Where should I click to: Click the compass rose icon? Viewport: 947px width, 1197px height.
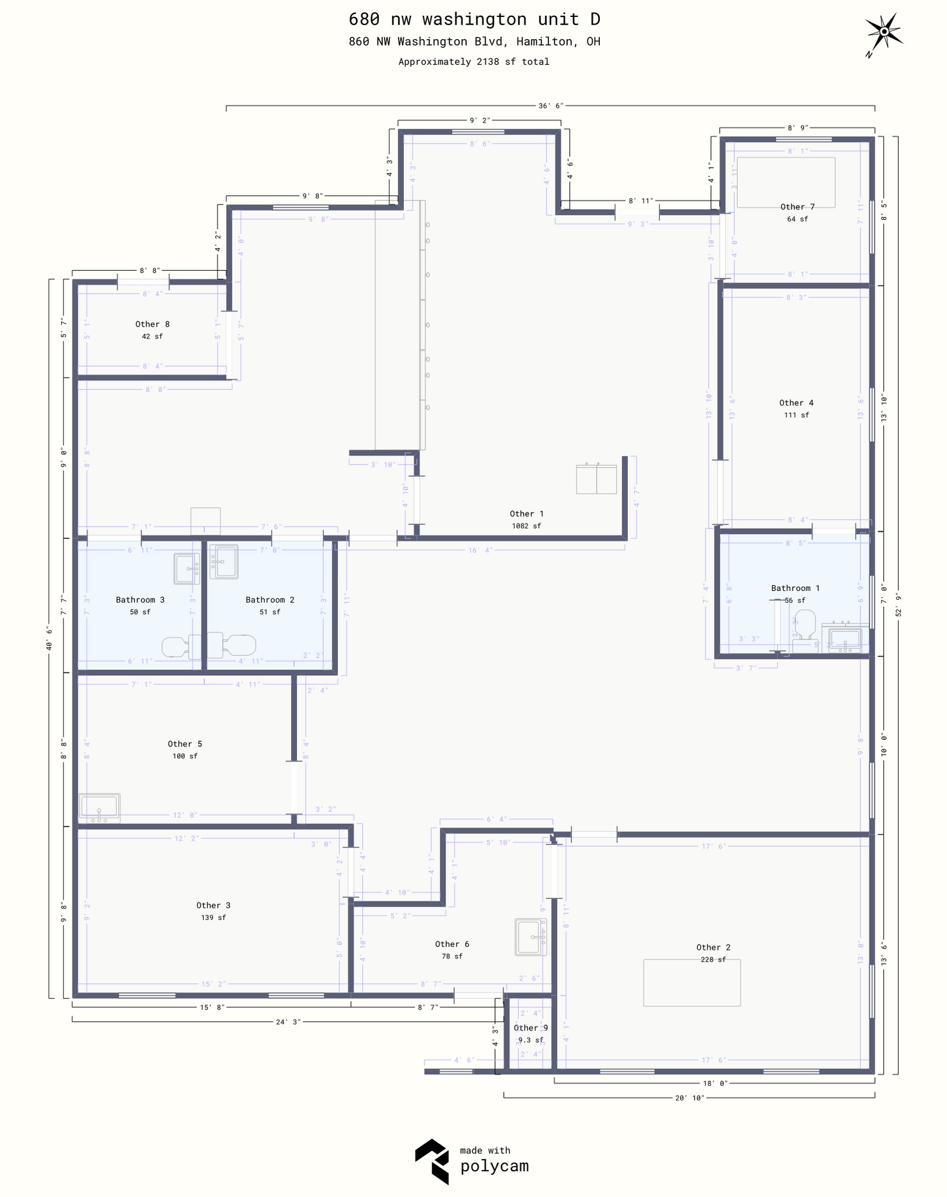click(884, 33)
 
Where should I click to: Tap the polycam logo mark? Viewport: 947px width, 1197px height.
click(432, 1161)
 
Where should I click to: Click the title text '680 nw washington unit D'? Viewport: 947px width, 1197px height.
click(474, 19)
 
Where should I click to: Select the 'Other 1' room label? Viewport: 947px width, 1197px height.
click(526, 514)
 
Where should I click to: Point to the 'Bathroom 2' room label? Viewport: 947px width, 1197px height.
click(269, 600)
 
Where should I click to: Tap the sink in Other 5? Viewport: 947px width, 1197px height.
click(100, 808)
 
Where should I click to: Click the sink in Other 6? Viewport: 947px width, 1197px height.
click(530, 937)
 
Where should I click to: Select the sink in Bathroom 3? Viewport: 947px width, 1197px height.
click(186, 569)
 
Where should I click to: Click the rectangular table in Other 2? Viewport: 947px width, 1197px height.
click(692, 983)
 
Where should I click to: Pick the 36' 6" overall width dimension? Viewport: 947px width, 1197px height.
click(550, 106)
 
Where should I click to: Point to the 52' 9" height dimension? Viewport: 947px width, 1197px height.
click(898, 605)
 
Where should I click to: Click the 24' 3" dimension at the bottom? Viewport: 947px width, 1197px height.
click(288, 1022)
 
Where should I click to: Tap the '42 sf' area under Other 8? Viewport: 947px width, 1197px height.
click(152, 337)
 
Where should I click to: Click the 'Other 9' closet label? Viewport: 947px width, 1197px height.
click(530, 1028)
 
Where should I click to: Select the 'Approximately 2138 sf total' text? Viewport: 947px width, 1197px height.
click(473, 62)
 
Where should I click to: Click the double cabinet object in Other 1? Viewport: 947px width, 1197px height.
click(596, 479)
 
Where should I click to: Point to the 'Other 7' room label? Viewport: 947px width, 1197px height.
click(797, 207)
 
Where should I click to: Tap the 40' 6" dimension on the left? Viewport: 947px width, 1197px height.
click(49, 638)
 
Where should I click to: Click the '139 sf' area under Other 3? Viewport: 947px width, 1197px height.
click(213, 918)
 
